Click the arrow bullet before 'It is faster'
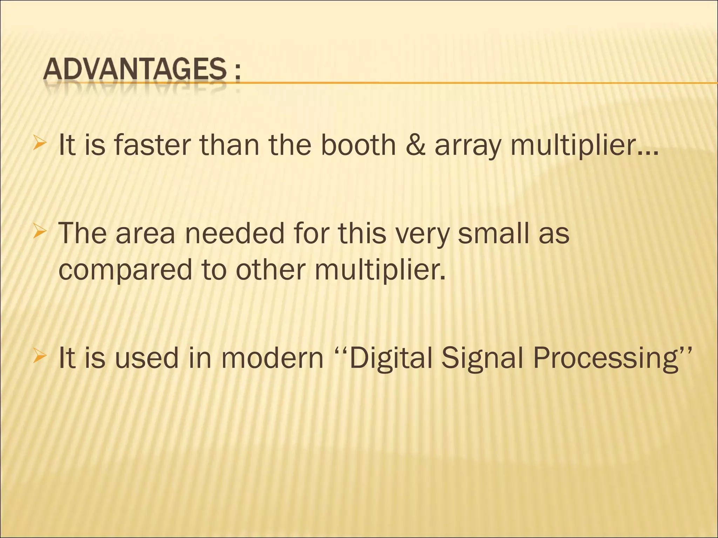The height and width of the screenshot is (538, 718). (39, 144)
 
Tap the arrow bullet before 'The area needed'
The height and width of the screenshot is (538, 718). (39, 232)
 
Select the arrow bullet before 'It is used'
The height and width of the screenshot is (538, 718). (39, 357)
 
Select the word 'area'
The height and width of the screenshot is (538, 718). (145, 234)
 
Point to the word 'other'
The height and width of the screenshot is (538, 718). (268, 270)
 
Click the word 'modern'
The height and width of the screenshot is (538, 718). (272, 358)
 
